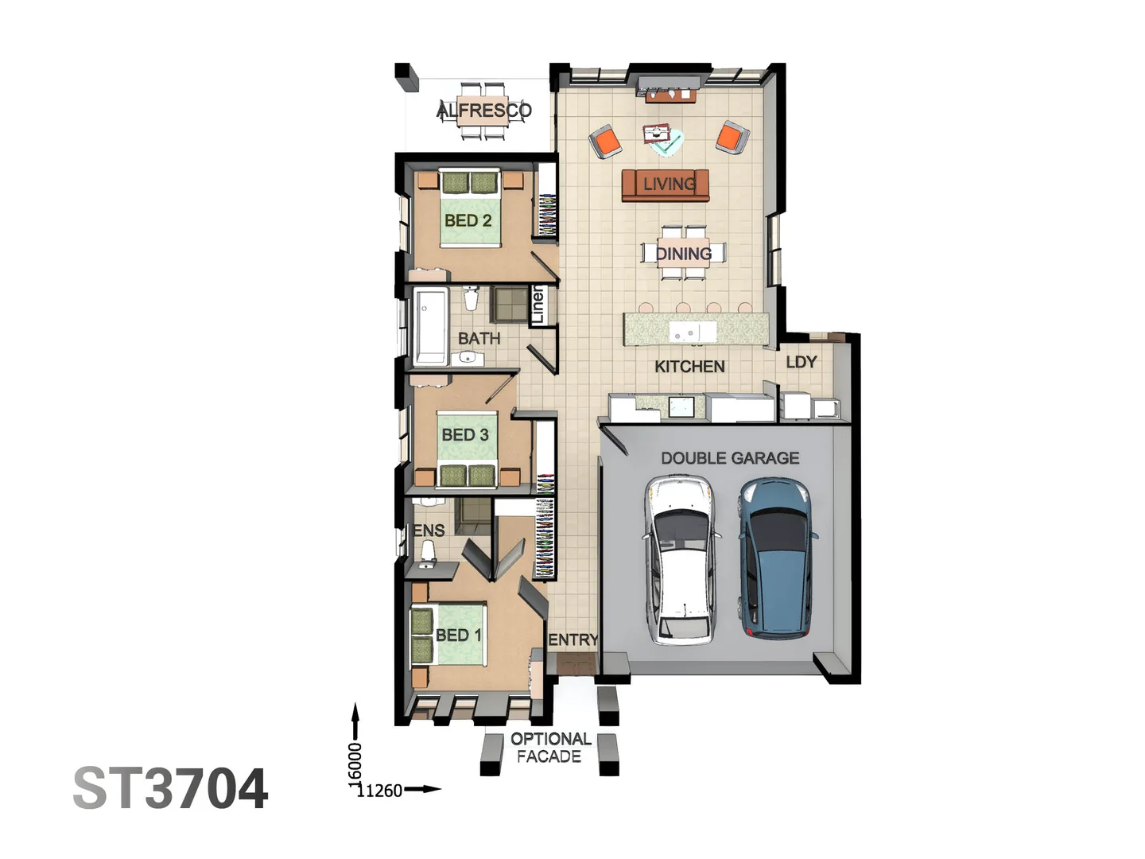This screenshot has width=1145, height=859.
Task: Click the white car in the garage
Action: pyautogui.click(x=680, y=560)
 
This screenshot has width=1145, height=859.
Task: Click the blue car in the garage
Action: pyautogui.click(x=777, y=558)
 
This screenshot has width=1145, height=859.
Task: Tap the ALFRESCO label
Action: pyautogui.click(x=484, y=111)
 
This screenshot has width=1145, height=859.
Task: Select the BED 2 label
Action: pyautogui.click(x=468, y=220)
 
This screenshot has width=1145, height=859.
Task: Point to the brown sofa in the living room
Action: pyautogui.click(x=665, y=185)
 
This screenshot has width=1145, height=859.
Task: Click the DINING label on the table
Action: pyautogui.click(x=684, y=254)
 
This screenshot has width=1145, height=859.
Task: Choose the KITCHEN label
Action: pyautogui.click(x=689, y=367)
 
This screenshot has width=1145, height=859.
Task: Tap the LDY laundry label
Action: pyautogui.click(x=801, y=362)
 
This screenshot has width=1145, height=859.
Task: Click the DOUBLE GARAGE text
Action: pyautogui.click(x=730, y=458)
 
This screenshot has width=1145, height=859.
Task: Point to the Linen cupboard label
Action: pyautogui.click(x=538, y=305)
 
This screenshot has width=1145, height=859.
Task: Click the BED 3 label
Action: pyautogui.click(x=465, y=434)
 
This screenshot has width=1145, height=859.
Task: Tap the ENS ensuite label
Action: pyautogui.click(x=429, y=531)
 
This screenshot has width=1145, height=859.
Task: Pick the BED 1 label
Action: pyautogui.click(x=459, y=636)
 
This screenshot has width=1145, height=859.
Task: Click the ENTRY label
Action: pyautogui.click(x=573, y=640)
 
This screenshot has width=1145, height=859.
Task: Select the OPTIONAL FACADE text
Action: pyautogui.click(x=550, y=748)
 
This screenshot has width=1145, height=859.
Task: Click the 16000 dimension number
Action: pyautogui.click(x=355, y=764)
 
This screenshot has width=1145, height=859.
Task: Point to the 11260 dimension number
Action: pyautogui.click(x=379, y=791)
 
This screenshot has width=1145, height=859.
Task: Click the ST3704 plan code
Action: pyautogui.click(x=171, y=788)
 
